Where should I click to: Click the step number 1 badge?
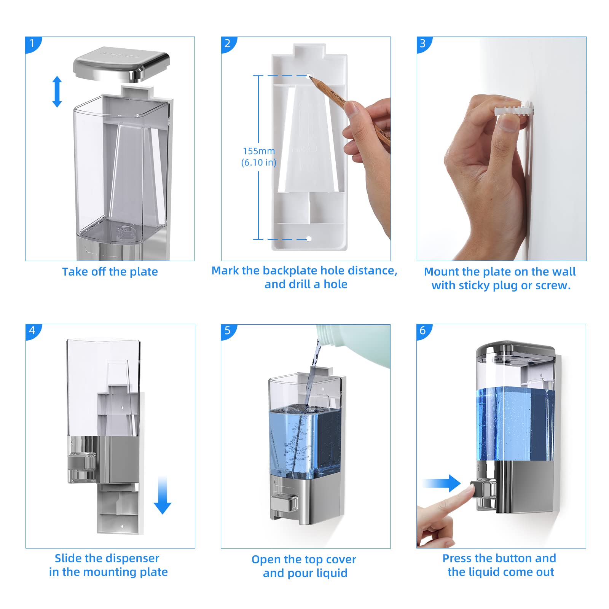tap(32, 43)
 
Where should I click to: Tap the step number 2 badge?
tap(228, 43)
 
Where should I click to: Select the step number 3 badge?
tap(423, 43)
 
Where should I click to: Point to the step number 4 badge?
tap(33, 330)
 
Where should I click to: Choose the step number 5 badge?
tap(228, 330)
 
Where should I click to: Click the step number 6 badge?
tap(423, 330)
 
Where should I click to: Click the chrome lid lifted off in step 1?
tap(121, 64)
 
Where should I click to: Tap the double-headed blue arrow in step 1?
tap(57, 92)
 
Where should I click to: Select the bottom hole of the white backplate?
tap(309, 239)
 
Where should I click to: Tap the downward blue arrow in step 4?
tap(163, 495)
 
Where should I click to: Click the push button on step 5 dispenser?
tap(284, 503)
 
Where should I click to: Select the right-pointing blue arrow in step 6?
tap(442, 483)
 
